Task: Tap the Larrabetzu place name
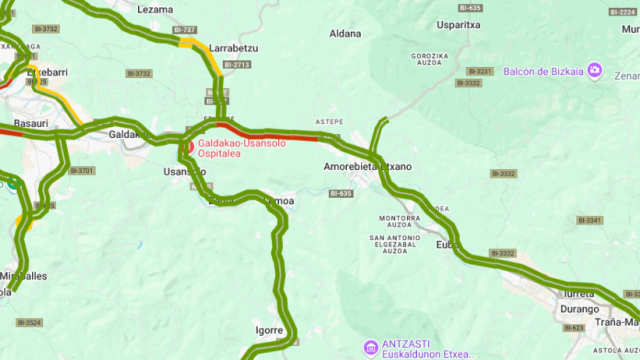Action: pyautogui.click(x=235, y=46)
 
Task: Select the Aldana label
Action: pyautogui.click(x=345, y=33)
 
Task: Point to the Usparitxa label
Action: pyautogui.click(x=459, y=25)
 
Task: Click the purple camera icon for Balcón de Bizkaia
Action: pyautogui.click(x=594, y=70)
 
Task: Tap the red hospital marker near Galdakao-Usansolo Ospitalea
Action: pyautogui.click(x=189, y=146)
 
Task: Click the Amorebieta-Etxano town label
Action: pyautogui.click(x=368, y=166)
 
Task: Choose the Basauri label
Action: pyautogui.click(x=30, y=123)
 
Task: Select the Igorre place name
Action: pyautogui.click(x=269, y=329)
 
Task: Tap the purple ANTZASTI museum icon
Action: pyautogui.click(x=370, y=347)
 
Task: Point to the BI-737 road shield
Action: pyautogui.click(x=184, y=31)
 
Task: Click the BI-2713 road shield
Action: pyautogui.click(x=237, y=64)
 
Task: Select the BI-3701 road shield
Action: pyautogui.click(x=82, y=171)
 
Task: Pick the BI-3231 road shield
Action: pyautogui.click(x=481, y=71)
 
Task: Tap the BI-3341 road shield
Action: pyautogui.click(x=590, y=220)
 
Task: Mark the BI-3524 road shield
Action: pyautogui.click(x=30, y=323)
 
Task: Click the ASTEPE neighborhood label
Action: pyautogui.click(x=329, y=122)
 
